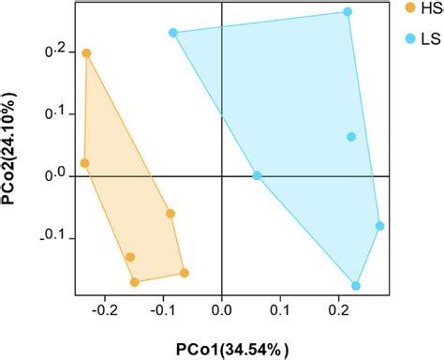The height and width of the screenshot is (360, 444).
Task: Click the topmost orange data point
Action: coord(86,53)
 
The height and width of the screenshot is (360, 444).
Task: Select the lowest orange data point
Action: coord(135,281)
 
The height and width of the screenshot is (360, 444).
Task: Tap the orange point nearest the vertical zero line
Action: coord(185,273)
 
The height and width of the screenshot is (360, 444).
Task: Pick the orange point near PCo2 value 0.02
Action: coord(84,163)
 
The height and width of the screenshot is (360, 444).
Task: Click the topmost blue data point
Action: coord(348,12)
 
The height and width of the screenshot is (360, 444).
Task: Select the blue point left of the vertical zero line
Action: coord(173,33)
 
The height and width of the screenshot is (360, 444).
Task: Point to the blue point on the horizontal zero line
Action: coord(258,175)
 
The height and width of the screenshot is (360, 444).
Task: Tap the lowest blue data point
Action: coord(356,286)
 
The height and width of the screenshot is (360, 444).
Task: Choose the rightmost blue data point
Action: coord(379,226)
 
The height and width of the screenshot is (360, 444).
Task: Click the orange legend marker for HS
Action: coord(409,8)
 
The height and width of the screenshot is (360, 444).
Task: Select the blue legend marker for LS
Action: coord(409,39)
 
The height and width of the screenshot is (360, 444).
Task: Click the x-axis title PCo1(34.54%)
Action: coord(222,343)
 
